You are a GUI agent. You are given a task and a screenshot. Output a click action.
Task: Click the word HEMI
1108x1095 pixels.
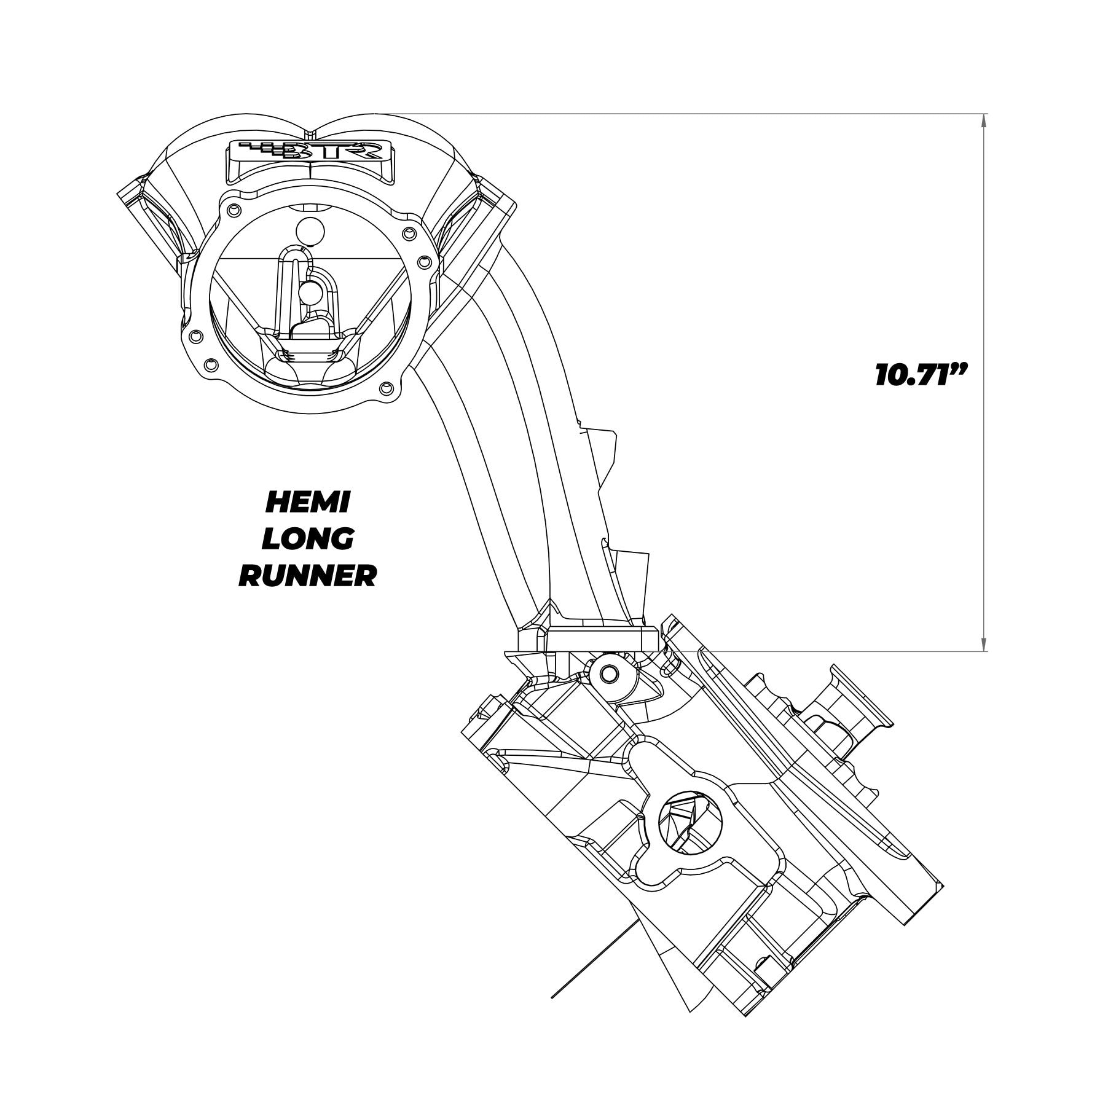307,503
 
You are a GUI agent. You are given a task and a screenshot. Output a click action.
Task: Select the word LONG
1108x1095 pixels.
307,539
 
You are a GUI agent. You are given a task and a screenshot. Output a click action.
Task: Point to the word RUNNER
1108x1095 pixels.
307,576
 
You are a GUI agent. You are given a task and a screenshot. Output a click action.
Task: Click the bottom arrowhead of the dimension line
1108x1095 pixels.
984,643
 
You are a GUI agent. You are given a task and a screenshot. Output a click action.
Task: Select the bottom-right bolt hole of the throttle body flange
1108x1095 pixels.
387,388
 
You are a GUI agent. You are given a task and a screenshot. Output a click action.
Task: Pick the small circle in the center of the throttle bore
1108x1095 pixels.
310,291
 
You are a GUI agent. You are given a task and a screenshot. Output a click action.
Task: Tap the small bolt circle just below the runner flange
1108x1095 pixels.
610,673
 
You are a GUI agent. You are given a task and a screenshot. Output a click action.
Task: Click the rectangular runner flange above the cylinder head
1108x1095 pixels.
602,639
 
